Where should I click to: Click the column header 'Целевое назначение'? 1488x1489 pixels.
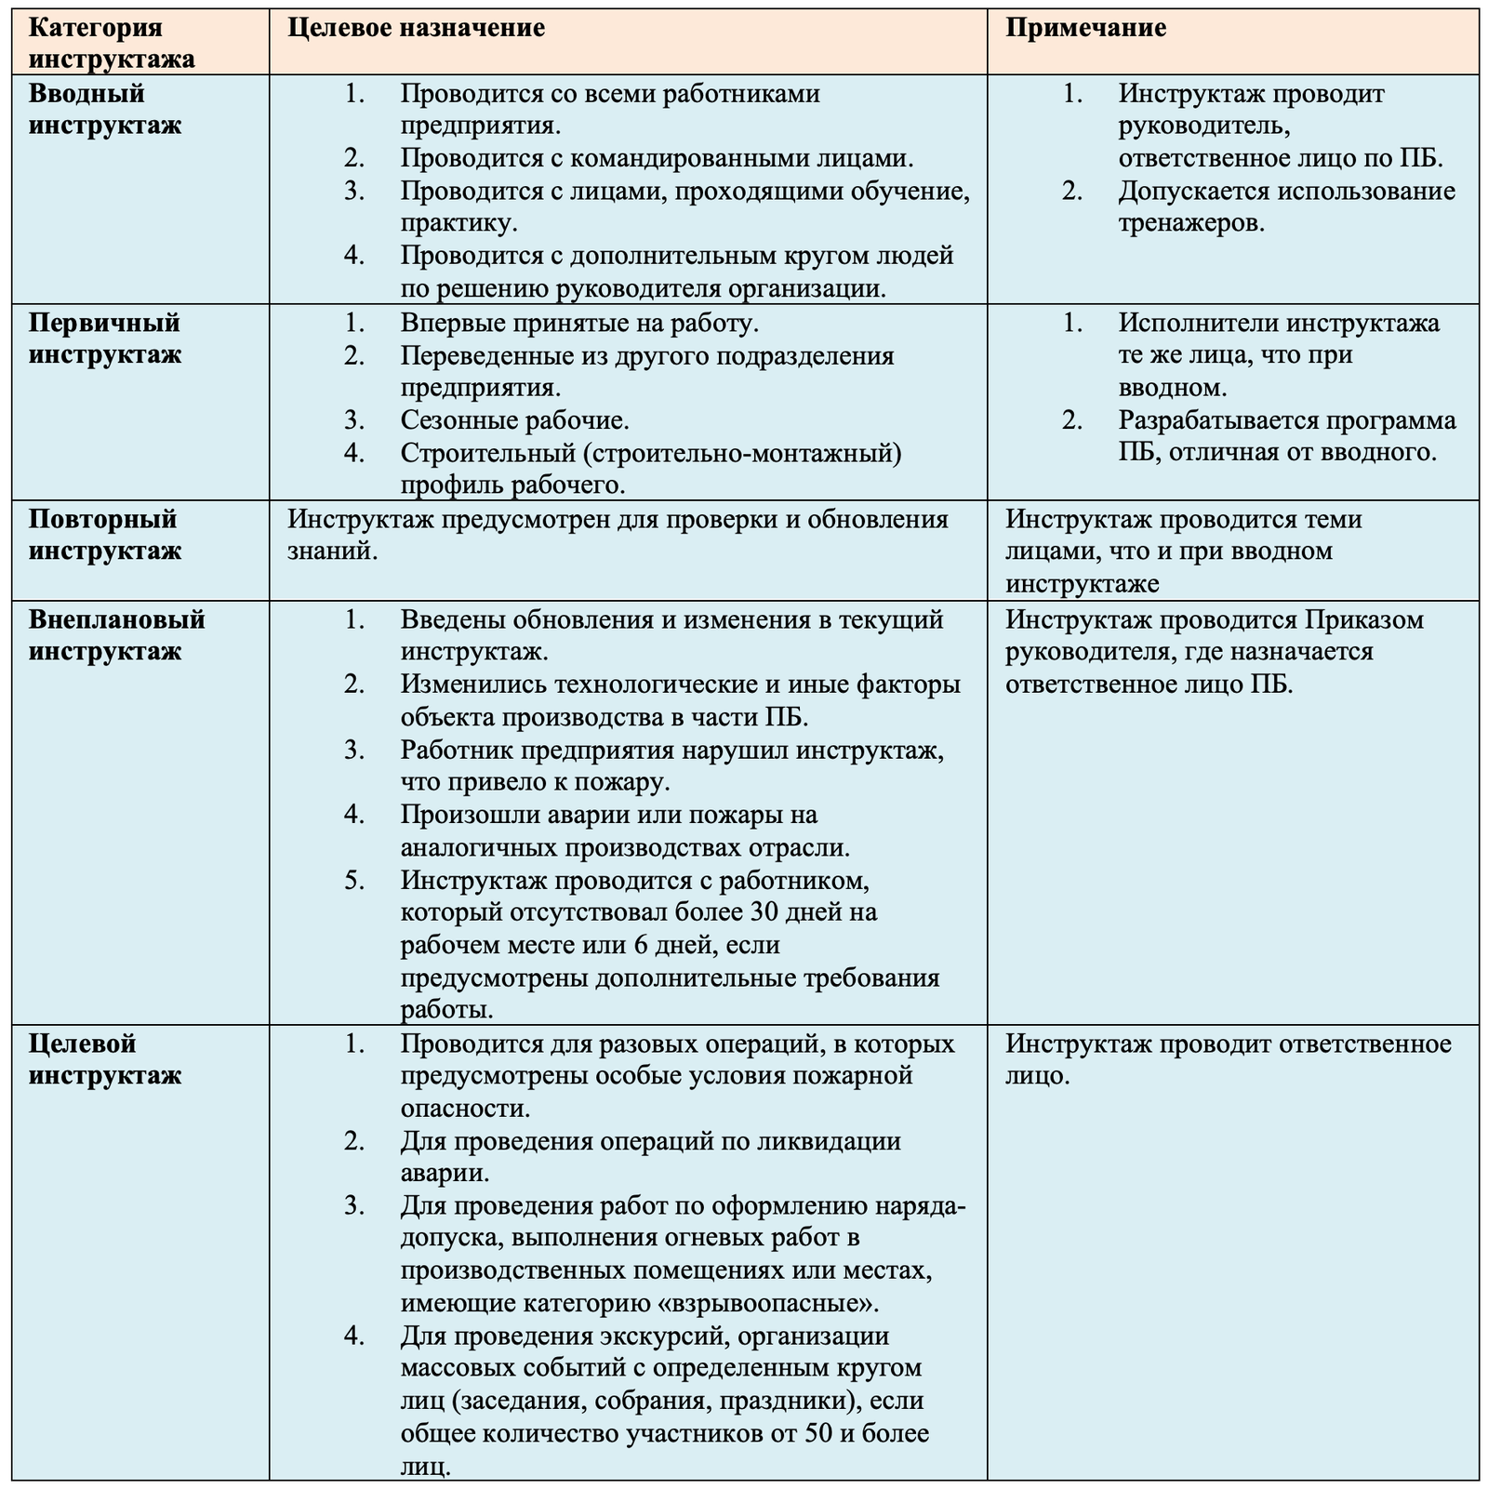coord(416,27)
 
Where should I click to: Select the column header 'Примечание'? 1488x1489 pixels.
coord(1085,27)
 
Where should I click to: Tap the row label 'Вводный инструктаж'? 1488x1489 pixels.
coord(104,109)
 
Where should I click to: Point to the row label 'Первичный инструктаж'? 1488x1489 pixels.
coord(104,339)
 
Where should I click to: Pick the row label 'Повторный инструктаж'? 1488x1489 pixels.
coord(104,534)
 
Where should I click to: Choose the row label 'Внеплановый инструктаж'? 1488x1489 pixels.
coord(116,634)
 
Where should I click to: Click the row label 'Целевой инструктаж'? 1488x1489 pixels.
coord(104,1059)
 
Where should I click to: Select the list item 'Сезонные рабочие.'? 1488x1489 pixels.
coord(515,420)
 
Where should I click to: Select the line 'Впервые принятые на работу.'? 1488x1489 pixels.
coord(580,323)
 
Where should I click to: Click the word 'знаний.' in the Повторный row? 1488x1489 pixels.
coord(333,552)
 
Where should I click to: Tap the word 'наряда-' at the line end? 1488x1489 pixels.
coord(923,1205)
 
